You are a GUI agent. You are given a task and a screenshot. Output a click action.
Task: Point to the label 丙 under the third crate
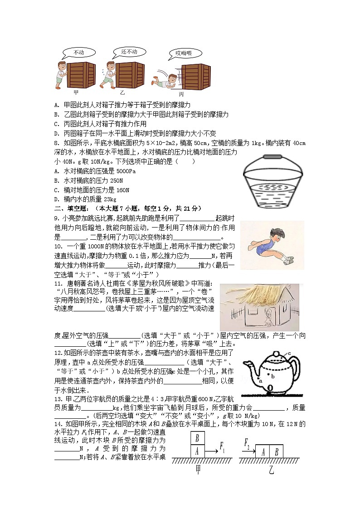(x=181, y=94)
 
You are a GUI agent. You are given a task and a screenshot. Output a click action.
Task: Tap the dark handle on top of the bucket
(x=272, y=157)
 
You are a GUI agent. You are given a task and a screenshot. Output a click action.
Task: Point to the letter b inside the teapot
(x=273, y=376)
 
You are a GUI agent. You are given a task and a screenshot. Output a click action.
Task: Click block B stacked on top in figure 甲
(x=198, y=438)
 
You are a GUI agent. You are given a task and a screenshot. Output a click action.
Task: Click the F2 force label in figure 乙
(x=248, y=442)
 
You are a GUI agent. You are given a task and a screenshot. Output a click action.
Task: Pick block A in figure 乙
(x=263, y=451)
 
